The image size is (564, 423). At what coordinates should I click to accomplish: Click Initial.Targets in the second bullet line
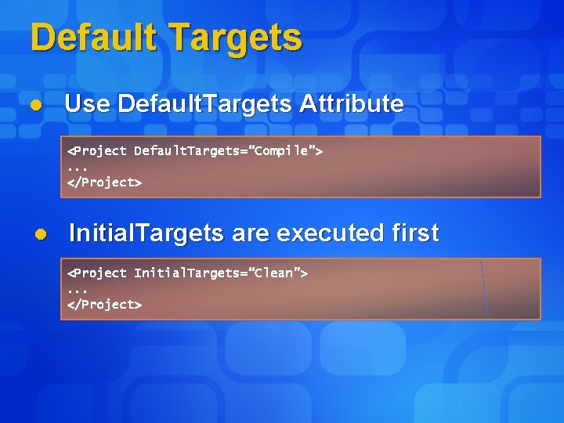pos(146,233)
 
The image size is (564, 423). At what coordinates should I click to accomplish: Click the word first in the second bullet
pos(414,233)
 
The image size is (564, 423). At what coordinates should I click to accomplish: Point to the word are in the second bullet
pos(250,233)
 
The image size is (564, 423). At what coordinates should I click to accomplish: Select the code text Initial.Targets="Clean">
pos(221,273)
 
